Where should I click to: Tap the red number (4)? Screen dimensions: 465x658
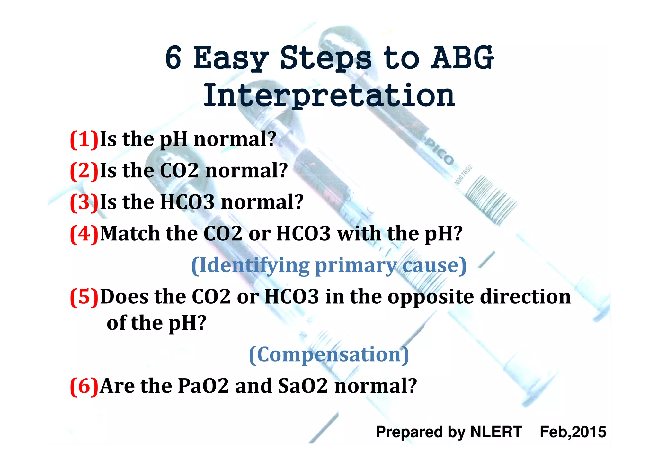(84, 234)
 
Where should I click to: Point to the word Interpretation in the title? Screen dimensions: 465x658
(329, 95)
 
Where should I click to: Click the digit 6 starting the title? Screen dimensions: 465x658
(173, 58)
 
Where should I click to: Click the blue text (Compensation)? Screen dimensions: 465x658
(329, 354)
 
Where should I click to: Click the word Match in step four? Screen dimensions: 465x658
(130, 234)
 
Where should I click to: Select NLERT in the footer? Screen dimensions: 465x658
(496, 432)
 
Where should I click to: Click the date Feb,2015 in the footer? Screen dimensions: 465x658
(573, 432)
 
